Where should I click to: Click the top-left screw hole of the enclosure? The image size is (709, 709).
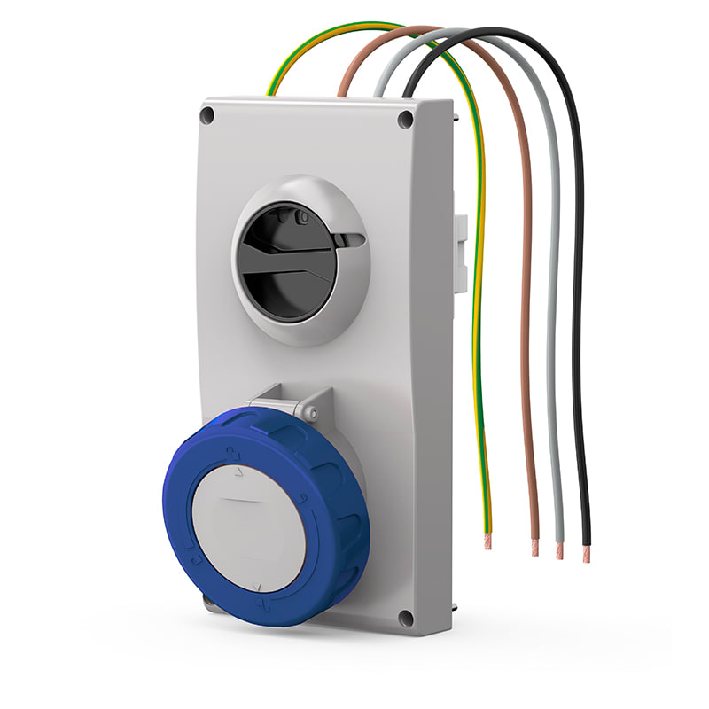207,115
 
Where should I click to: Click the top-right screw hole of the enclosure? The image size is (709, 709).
405,119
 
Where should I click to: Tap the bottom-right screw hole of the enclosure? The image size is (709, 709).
405,618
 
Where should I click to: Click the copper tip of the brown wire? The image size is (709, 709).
534,548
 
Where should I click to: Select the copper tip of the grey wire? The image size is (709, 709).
559,549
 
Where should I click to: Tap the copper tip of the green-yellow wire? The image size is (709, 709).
487,541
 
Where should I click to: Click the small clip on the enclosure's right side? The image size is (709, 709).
460,239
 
